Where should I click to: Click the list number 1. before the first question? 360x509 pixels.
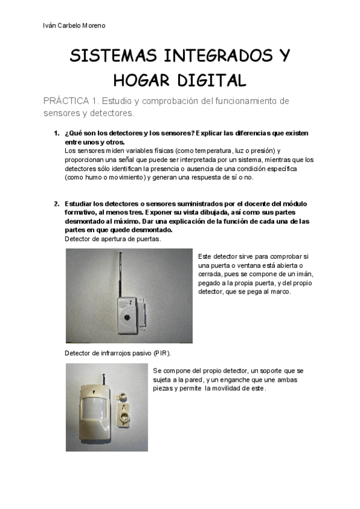[x=56, y=133]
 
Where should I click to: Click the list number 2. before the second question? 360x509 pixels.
[x=56, y=203]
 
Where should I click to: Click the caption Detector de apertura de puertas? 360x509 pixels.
[x=112, y=239]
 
